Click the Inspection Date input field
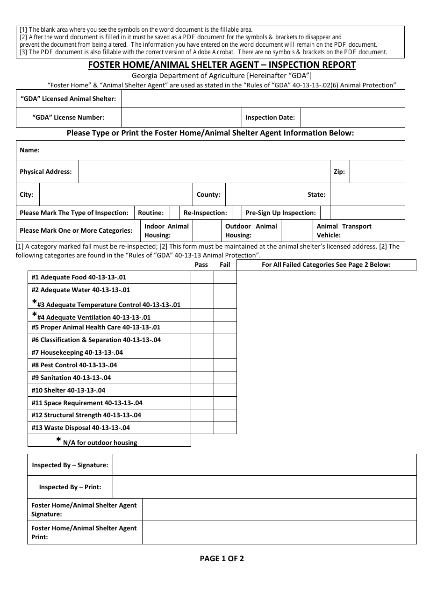point(352,118)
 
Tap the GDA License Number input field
point(181,118)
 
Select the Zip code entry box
point(377,171)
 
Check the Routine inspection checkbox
point(175,213)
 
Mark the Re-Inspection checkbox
point(237,213)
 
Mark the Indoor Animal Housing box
point(206,231)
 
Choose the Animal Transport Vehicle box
point(390,231)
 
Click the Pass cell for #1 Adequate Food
point(202,277)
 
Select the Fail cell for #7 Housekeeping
point(225,352)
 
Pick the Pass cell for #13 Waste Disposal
point(202,428)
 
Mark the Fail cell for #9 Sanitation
point(225,378)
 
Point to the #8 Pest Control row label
point(74,365)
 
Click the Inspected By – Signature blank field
point(265,465)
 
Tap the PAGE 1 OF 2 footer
point(222,558)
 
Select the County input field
point(264,194)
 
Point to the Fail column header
point(225,264)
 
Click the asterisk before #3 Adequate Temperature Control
point(34,302)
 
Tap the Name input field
point(225,150)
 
